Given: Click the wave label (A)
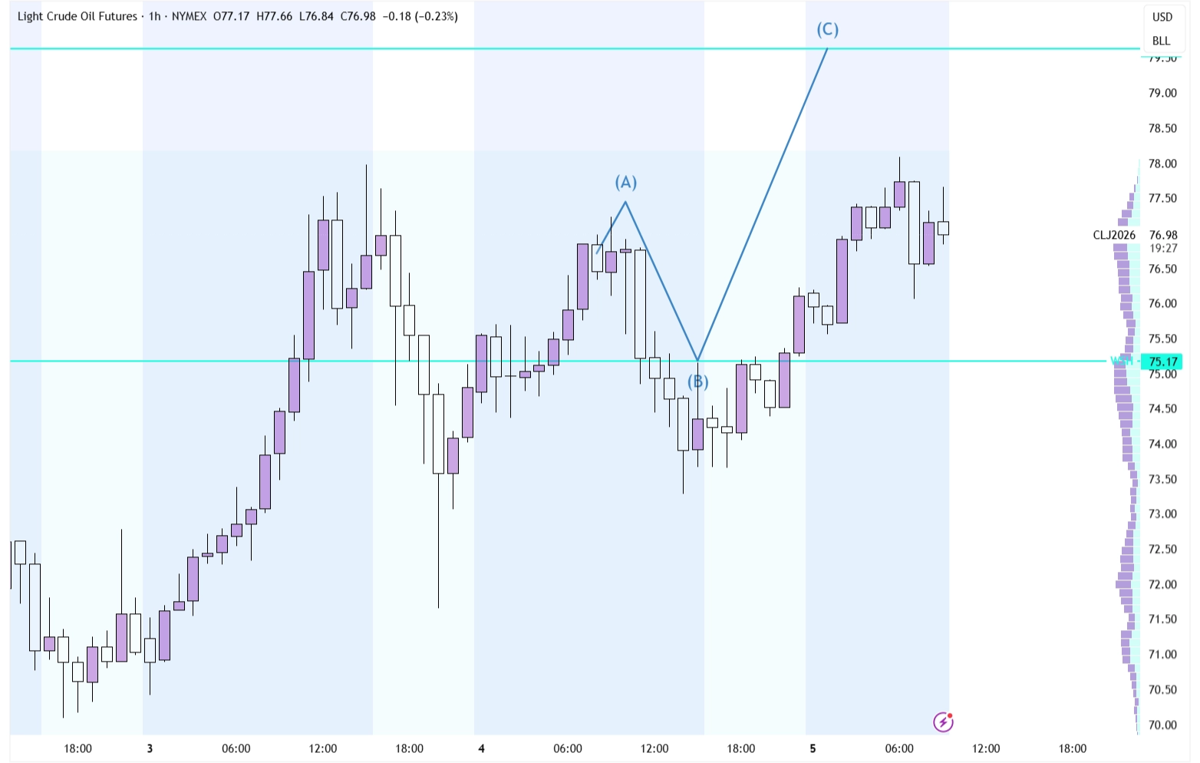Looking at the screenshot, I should (626, 183).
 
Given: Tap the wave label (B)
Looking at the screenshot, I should (697, 381).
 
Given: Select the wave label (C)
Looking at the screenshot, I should (827, 30).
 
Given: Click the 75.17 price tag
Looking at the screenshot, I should (1163, 362).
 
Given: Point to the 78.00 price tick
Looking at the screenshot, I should (1162, 163).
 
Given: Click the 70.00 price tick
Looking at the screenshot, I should (1162, 725).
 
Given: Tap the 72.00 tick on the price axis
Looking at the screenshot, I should (1162, 584).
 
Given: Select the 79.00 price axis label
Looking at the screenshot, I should (1162, 93).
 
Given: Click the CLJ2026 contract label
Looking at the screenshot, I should (1114, 235).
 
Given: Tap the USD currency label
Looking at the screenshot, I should (1162, 17).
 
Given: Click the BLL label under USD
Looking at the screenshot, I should (1161, 41).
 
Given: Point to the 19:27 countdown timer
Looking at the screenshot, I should (1163, 248).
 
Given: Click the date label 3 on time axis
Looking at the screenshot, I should (150, 748).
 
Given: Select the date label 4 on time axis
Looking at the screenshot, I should (481, 748).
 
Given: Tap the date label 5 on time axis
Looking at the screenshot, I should (813, 748).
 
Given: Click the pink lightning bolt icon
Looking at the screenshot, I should (943, 722).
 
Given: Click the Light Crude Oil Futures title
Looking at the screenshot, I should (77, 16).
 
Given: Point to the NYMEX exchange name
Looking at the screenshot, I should (189, 16).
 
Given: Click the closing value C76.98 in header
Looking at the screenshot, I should (358, 16).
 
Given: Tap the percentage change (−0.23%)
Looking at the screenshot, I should (436, 16).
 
